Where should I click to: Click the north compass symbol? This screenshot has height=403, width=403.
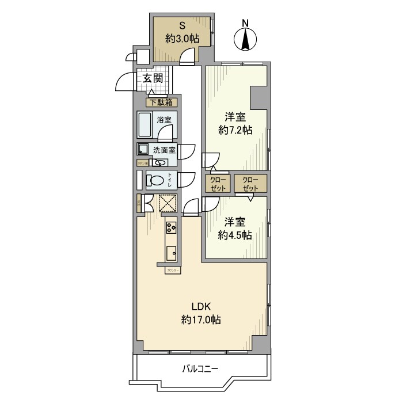point(245,39)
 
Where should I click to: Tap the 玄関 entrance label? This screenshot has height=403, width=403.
point(153,79)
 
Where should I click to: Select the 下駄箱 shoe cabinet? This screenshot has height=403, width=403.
point(162,103)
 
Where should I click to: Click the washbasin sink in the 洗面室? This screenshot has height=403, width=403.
point(159,162)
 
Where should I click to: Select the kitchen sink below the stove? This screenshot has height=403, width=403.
point(171,253)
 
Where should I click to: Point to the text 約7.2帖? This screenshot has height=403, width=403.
point(236,130)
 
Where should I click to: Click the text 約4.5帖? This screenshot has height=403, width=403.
point(236,235)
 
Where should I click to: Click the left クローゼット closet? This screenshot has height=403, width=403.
point(218,183)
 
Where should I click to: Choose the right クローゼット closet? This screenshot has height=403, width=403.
point(250,183)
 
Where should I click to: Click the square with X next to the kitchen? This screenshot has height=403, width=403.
point(167,203)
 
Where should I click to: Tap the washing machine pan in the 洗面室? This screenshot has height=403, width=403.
point(142,150)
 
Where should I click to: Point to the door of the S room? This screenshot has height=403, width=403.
point(188,56)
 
